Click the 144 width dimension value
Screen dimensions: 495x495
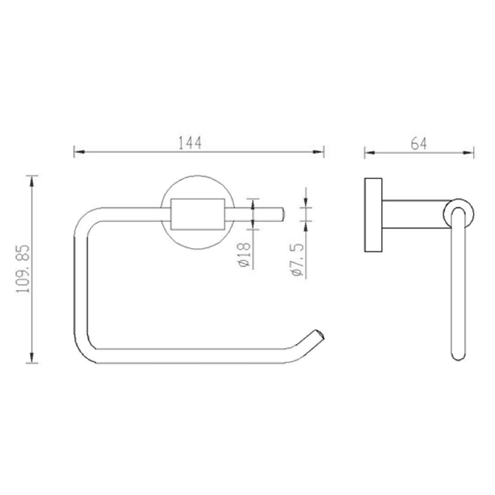click(x=191, y=144)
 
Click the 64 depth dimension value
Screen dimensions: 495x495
click(x=418, y=144)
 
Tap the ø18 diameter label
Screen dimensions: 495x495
click(x=244, y=254)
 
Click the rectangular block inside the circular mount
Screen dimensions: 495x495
click(x=197, y=214)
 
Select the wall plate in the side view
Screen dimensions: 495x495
click(x=372, y=214)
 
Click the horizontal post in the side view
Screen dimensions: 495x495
click(x=413, y=214)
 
